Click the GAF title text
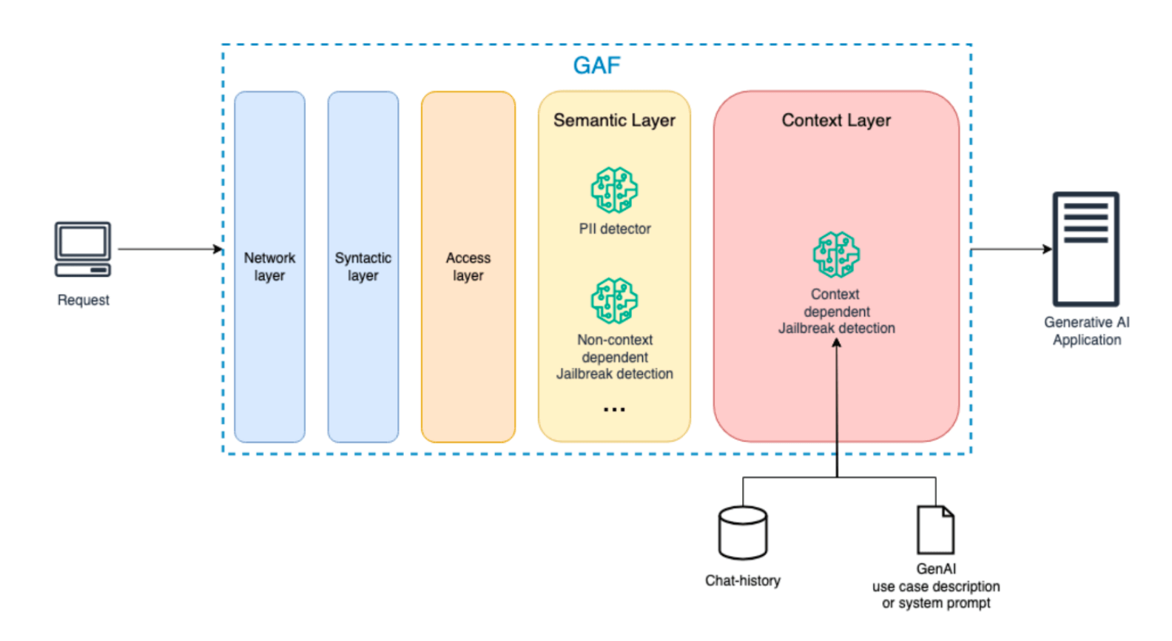tap(596, 66)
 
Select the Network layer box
tap(269, 266)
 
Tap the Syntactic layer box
tap(363, 266)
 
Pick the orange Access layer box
tap(468, 266)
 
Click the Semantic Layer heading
tap(614, 120)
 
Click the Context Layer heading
tap(836, 120)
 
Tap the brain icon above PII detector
tap(614, 190)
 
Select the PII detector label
tap(614, 229)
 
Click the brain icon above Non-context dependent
tap(614, 301)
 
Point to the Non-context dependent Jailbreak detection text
tap(614, 357)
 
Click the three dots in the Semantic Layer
tap(614, 409)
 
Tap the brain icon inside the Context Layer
tap(836, 255)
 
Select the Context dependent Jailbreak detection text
tap(836, 311)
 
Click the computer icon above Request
tap(83, 249)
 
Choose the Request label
tap(83, 300)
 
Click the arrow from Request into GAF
tap(170, 249)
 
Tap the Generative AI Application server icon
tap(1085, 249)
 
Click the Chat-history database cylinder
tap(743, 533)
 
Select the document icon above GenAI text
tap(935, 530)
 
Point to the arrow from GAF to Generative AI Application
tap(1011, 249)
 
